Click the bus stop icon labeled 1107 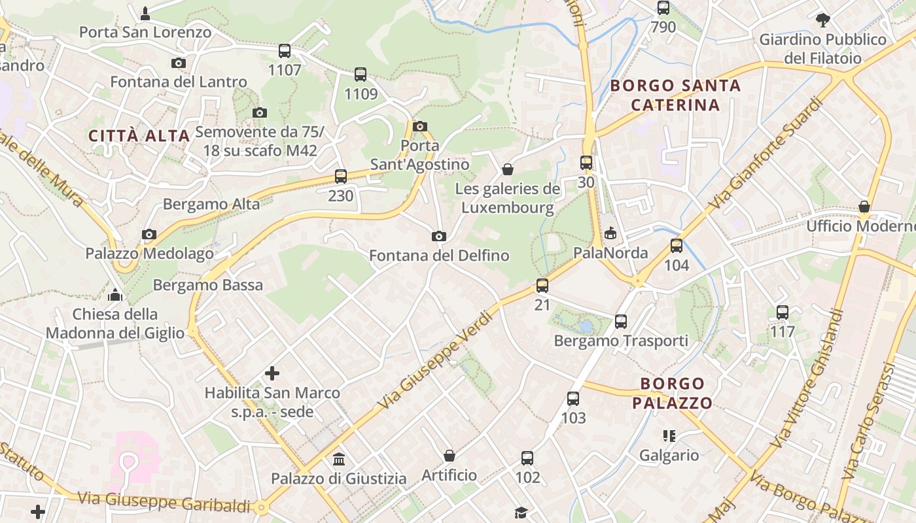pos(284,50)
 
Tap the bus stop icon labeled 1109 pos(361,74)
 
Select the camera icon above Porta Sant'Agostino pos(420,126)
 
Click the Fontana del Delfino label pos(439,255)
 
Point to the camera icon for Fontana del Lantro pos(178,63)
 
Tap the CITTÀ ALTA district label pos(139,136)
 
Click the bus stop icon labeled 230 pos(340,176)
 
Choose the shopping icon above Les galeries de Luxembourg pos(508,169)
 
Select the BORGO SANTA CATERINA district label pos(675,95)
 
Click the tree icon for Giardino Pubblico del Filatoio pos(822,20)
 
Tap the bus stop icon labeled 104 pos(676,246)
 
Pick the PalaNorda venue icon pos(610,232)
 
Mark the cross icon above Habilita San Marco pos(272,373)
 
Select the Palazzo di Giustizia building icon pos(339,459)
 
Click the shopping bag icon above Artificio pos(449,455)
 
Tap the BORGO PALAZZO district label pos(672,393)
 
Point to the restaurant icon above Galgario pos(669,435)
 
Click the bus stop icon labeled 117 pos(782,312)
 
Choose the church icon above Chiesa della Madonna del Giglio pos(115,295)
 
